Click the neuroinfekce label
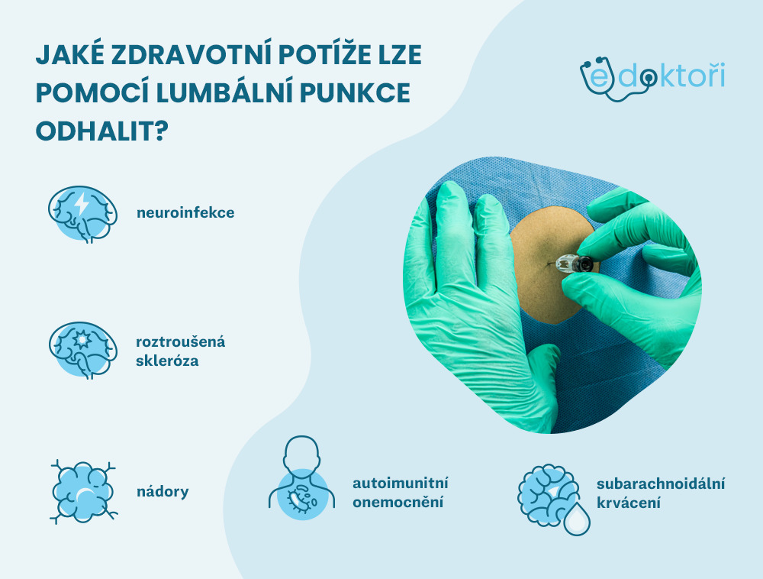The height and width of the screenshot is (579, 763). coord(185,212)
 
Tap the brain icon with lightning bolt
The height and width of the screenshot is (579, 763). coord(82,213)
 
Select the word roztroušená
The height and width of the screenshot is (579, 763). coord(180,341)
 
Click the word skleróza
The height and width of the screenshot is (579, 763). coord(167,361)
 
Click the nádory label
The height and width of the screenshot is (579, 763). coord(163,491)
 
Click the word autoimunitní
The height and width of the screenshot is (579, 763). coord(400,483)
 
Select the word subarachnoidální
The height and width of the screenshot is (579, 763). coord(661,484)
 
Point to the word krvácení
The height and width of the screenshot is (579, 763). coord(629,503)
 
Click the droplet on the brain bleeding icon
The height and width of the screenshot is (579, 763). coord(576,518)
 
